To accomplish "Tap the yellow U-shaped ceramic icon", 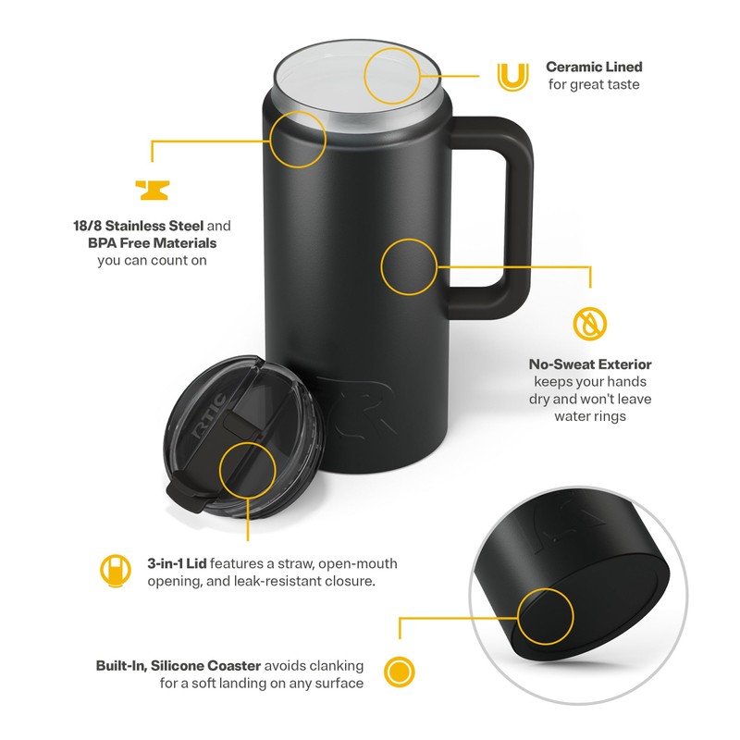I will click(510, 76).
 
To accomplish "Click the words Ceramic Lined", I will click(594, 67).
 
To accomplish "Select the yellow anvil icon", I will click(153, 190).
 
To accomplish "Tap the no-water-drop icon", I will click(591, 324).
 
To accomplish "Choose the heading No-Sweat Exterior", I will click(590, 364).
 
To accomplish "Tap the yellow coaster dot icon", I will click(399, 671).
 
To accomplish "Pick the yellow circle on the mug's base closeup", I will click(545, 616).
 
